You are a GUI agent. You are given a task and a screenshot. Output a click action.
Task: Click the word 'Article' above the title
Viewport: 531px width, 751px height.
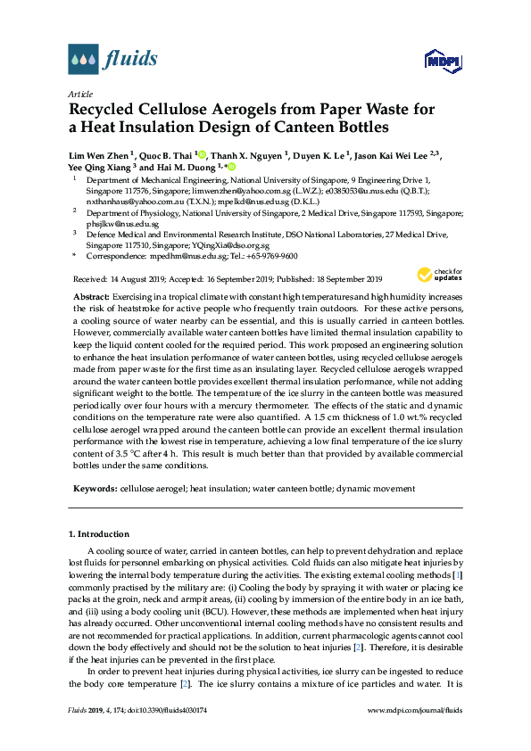79,93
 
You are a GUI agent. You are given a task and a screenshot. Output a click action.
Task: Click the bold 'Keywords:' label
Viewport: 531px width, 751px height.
94,489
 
